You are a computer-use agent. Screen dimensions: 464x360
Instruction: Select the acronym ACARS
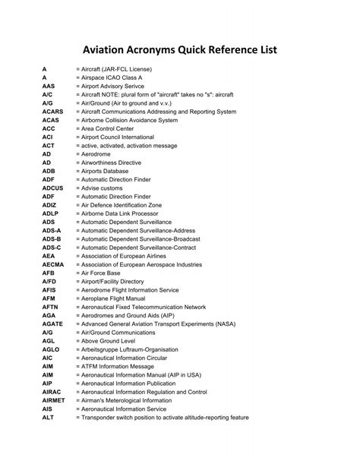point(52,111)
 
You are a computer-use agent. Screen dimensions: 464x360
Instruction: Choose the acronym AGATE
point(52,323)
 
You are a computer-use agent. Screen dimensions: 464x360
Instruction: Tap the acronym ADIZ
point(49,204)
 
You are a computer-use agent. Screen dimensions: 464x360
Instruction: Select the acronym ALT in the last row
point(48,417)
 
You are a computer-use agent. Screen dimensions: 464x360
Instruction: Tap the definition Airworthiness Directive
point(116,162)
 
